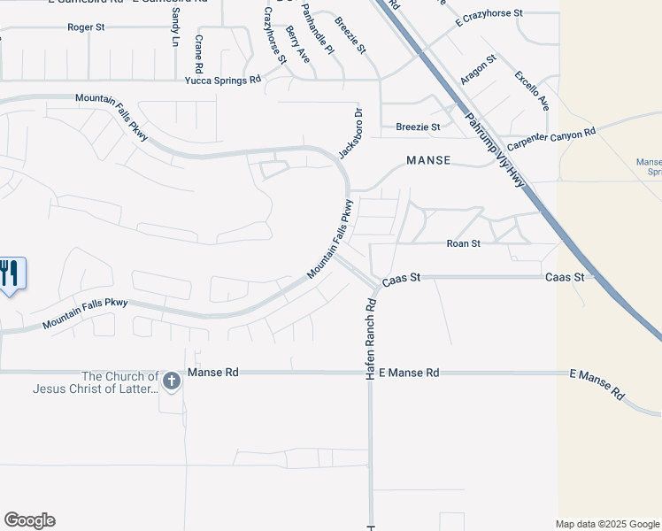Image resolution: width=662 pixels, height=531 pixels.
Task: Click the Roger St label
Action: pyautogui.click(x=86, y=27)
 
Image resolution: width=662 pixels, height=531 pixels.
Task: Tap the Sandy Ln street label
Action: pyautogui.click(x=175, y=30)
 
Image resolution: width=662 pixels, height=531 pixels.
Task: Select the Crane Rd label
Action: pyautogui.click(x=199, y=54)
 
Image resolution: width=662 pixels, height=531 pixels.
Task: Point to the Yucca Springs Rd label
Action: pyautogui.click(x=223, y=80)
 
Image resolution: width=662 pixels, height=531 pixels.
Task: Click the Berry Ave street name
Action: pyautogui.click(x=297, y=44)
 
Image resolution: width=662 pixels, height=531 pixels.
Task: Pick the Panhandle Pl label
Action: pyautogui.click(x=317, y=29)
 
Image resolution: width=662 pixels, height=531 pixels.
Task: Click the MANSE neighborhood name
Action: pyautogui.click(x=428, y=161)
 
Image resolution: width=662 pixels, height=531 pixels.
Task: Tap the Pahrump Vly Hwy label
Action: pyautogui.click(x=496, y=150)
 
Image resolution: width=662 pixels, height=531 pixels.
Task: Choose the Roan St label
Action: pyautogui.click(x=463, y=243)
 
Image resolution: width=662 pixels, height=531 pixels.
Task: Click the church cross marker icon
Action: pyautogui.click(x=172, y=381)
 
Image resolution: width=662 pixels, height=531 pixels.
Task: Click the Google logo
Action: pyautogui.click(x=29, y=520)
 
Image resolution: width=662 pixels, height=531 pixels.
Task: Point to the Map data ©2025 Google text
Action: pyautogui.click(x=608, y=524)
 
